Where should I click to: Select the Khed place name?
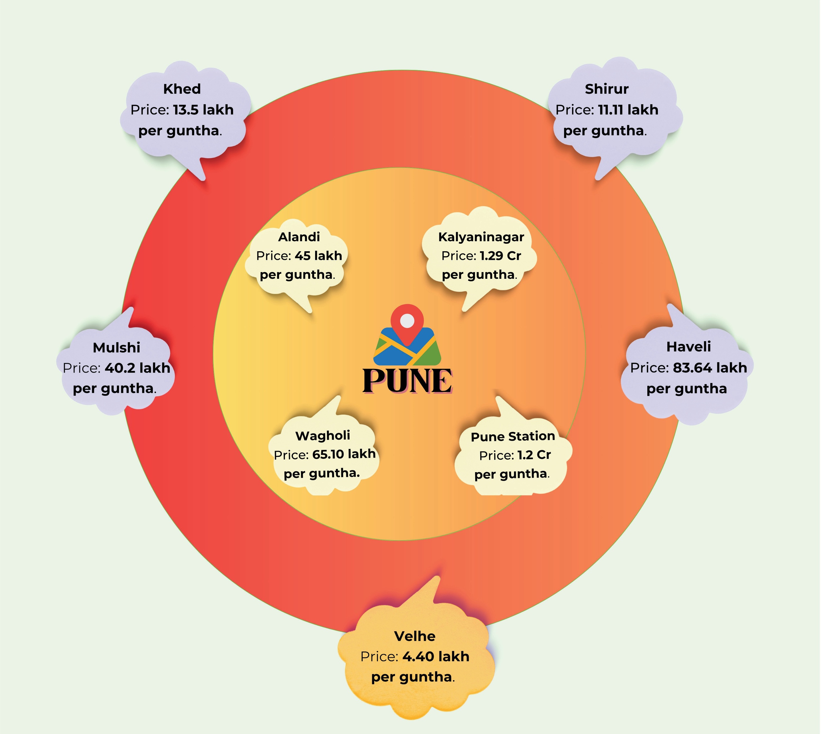click(182, 89)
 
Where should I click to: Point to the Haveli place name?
click(688, 346)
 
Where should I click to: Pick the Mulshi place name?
click(116, 347)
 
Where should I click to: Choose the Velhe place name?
click(414, 636)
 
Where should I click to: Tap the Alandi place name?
click(299, 237)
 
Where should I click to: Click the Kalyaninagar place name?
click(481, 237)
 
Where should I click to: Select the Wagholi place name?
click(323, 435)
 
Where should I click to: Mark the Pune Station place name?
click(513, 436)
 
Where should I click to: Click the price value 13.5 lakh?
click(203, 110)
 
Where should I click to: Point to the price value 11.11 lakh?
click(628, 110)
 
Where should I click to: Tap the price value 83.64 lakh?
click(710, 368)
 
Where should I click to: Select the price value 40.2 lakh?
click(137, 368)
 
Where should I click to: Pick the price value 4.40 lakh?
click(436, 657)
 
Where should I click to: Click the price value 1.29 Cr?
click(500, 256)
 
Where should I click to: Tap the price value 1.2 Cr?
click(534, 455)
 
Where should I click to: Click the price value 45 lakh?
click(318, 256)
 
